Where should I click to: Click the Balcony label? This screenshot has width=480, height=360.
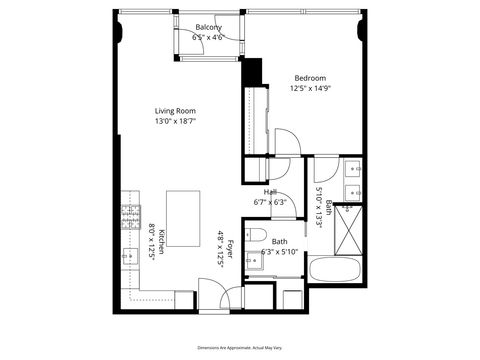208,27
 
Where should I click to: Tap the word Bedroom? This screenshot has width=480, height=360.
310,78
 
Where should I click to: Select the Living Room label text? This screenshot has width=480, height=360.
175,111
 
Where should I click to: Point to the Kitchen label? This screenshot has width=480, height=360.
162,236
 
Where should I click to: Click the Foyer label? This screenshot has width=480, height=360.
230,248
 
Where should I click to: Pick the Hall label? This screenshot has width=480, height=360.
271,192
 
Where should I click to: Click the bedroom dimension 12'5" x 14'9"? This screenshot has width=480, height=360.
310,88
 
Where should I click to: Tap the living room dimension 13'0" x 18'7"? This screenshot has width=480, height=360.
175,121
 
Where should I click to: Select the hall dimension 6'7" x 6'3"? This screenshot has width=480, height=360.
271,202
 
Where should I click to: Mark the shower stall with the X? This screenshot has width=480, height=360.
349,228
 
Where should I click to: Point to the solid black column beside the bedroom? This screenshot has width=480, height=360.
252,72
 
